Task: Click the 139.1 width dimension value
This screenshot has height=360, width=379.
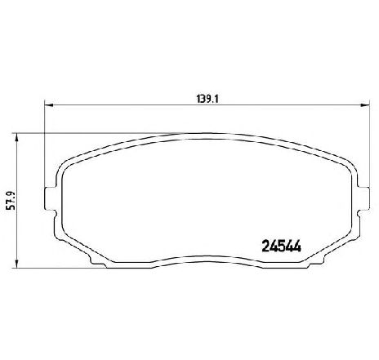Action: pos(208,99)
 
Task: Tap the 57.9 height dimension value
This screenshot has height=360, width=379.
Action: pos(11,201)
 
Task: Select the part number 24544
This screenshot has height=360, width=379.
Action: pos(281,247)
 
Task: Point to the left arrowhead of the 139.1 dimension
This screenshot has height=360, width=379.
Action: pos(49,105)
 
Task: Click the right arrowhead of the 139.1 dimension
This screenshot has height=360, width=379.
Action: pos(365,105)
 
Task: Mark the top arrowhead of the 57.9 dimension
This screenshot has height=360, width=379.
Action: pos(17,138)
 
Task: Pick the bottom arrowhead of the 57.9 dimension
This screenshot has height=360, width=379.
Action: pos(17,264)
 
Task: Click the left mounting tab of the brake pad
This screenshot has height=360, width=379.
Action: pos(51,198)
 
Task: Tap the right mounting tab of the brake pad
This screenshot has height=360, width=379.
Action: pos(363,198)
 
